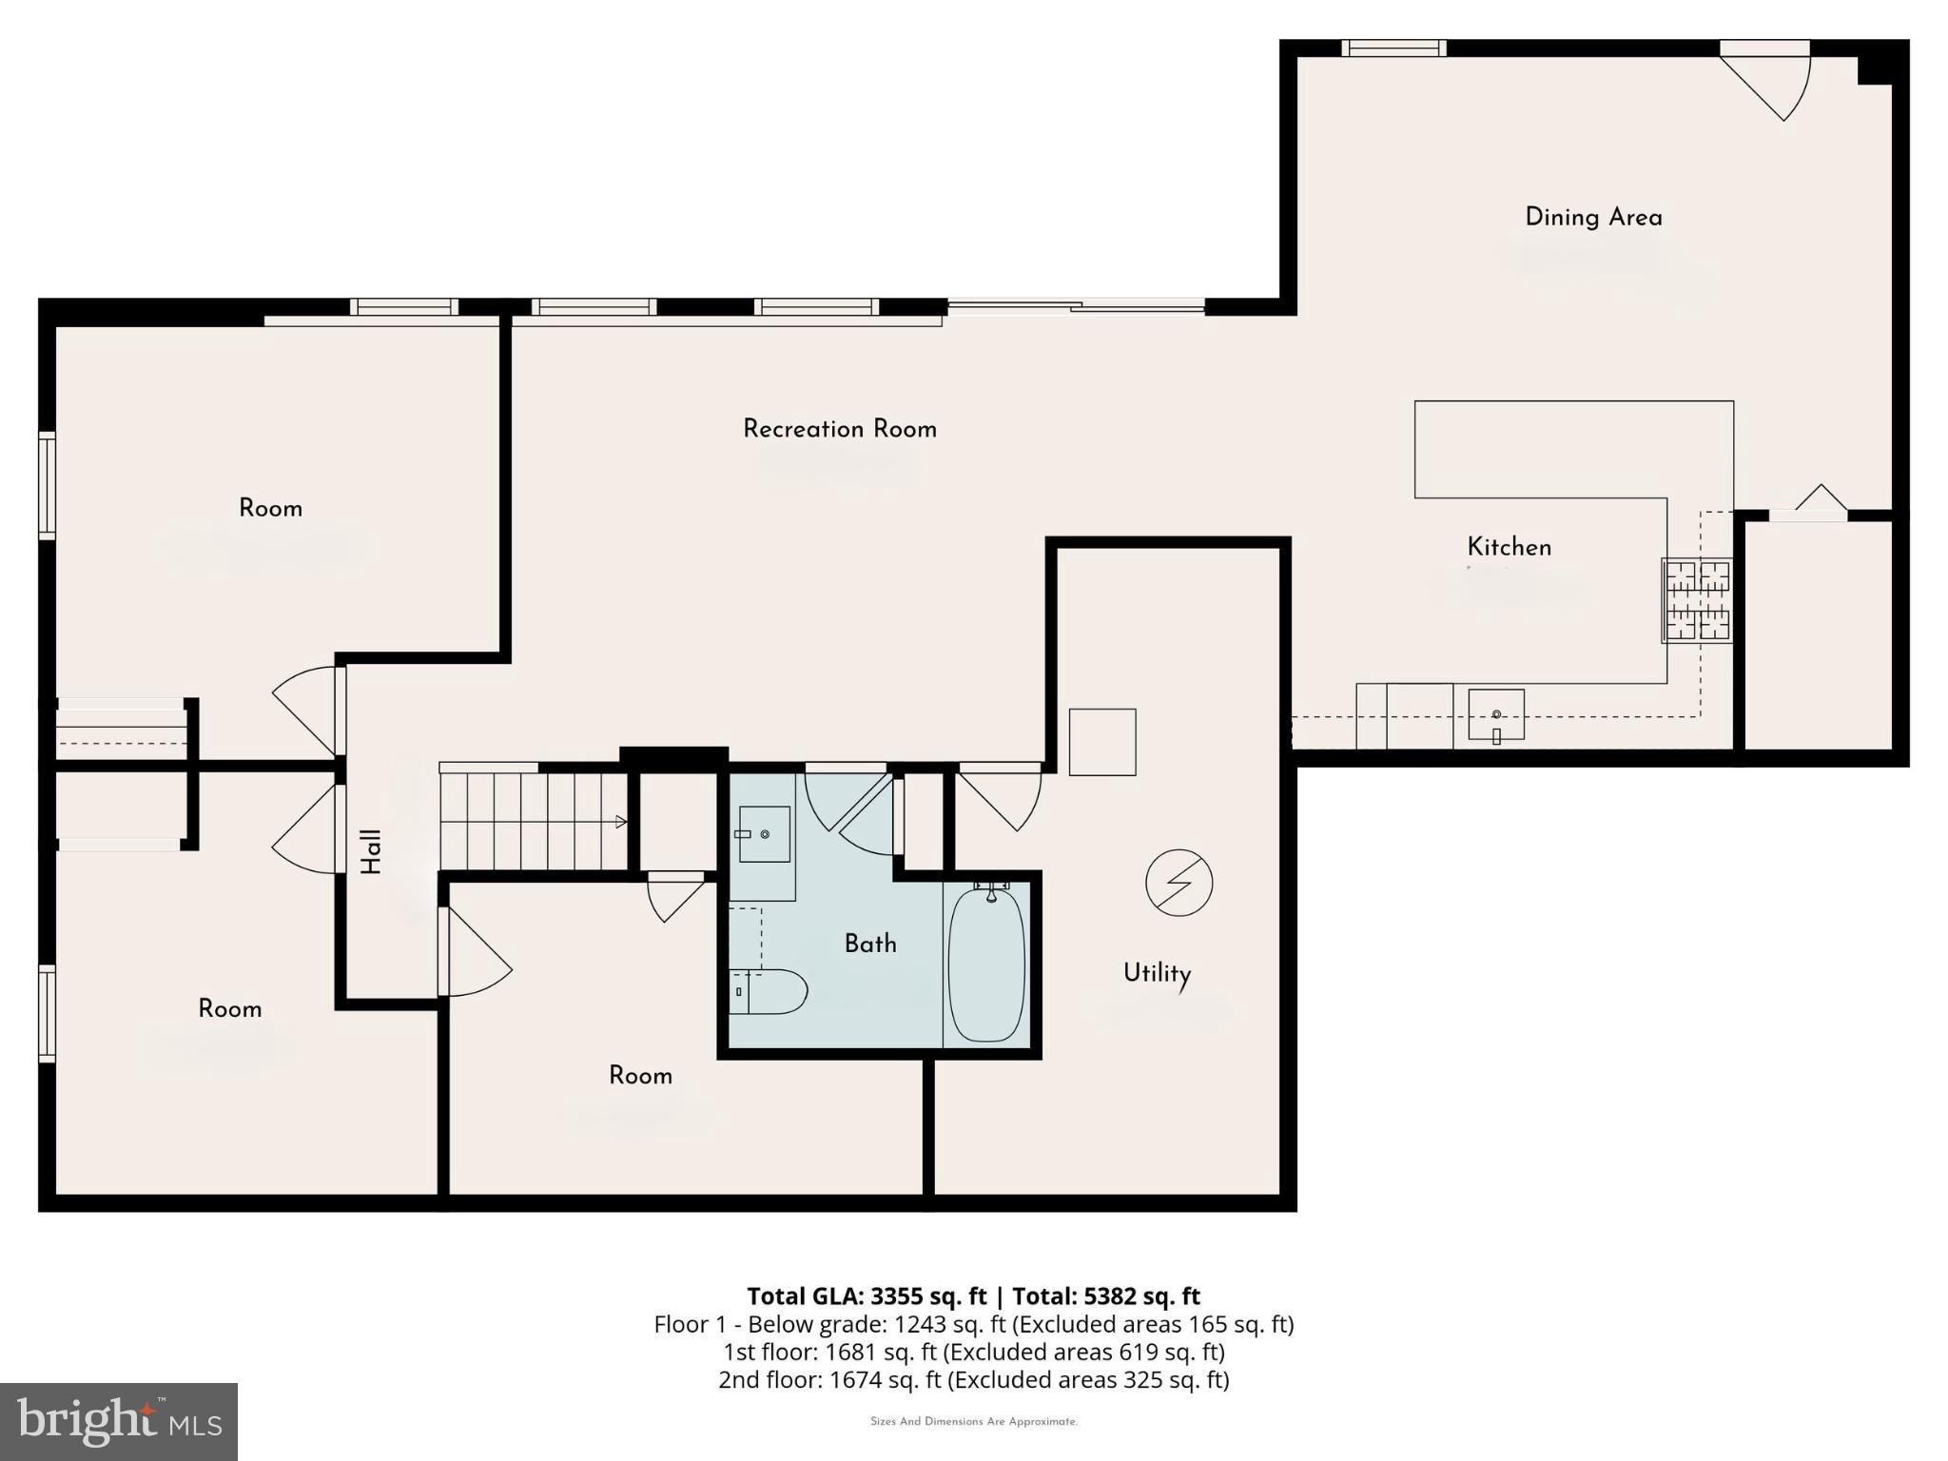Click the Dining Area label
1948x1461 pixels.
tap(1593, 218)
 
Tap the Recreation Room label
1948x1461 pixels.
tap(839, 429)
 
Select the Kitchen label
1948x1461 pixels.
tap(1509, 547)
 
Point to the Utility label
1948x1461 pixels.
tap(1157, 973)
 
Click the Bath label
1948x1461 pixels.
tap(870, 944)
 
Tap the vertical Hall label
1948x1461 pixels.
tap(371, 851)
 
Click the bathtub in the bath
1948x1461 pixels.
tap(987, 964)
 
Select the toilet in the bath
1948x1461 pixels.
tap(769, 992)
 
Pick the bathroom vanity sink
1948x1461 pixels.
tap(764, 834)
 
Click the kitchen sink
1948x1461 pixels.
tap(1496, 714)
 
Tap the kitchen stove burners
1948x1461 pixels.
tap(1697, 600)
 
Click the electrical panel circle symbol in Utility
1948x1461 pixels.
tap(1179, 883)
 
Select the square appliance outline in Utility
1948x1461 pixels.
tap(1102, 742)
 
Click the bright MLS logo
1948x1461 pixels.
tap(118, 1421)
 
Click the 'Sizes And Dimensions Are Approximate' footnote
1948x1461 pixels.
tap(973, 1422)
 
